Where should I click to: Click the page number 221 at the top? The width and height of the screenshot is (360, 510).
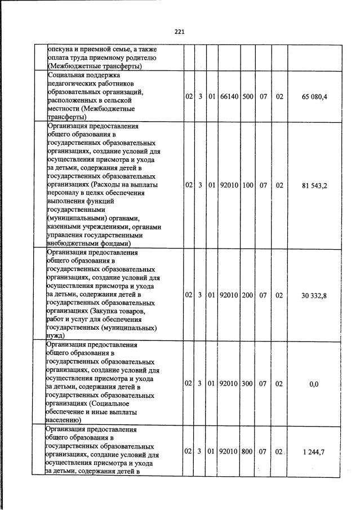tap(180, 32)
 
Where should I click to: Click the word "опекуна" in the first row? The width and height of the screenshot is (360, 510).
tap(63, 49)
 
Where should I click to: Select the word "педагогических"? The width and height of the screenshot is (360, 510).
tap(74, 83)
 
